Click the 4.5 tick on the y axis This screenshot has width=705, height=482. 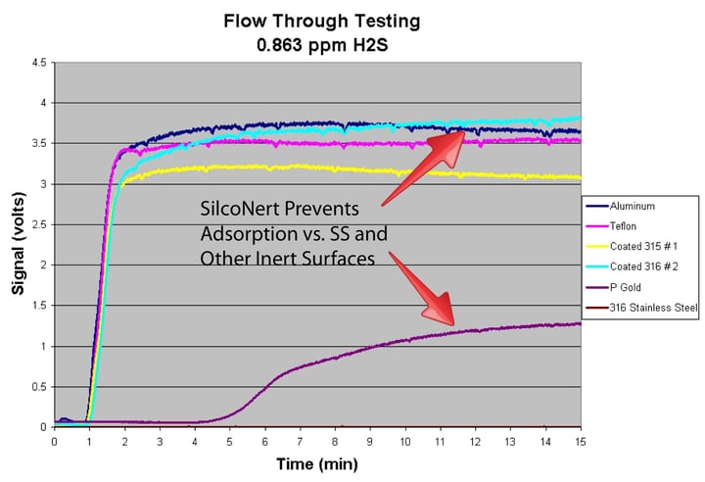(39, 63)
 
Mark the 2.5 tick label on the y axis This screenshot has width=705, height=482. (39, 224)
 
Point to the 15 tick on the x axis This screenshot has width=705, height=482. (581, 442)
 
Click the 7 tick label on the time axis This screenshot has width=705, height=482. (300, 442)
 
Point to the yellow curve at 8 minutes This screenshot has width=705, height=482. (335, 169)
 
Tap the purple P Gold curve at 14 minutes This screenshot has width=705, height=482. (545, 325)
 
